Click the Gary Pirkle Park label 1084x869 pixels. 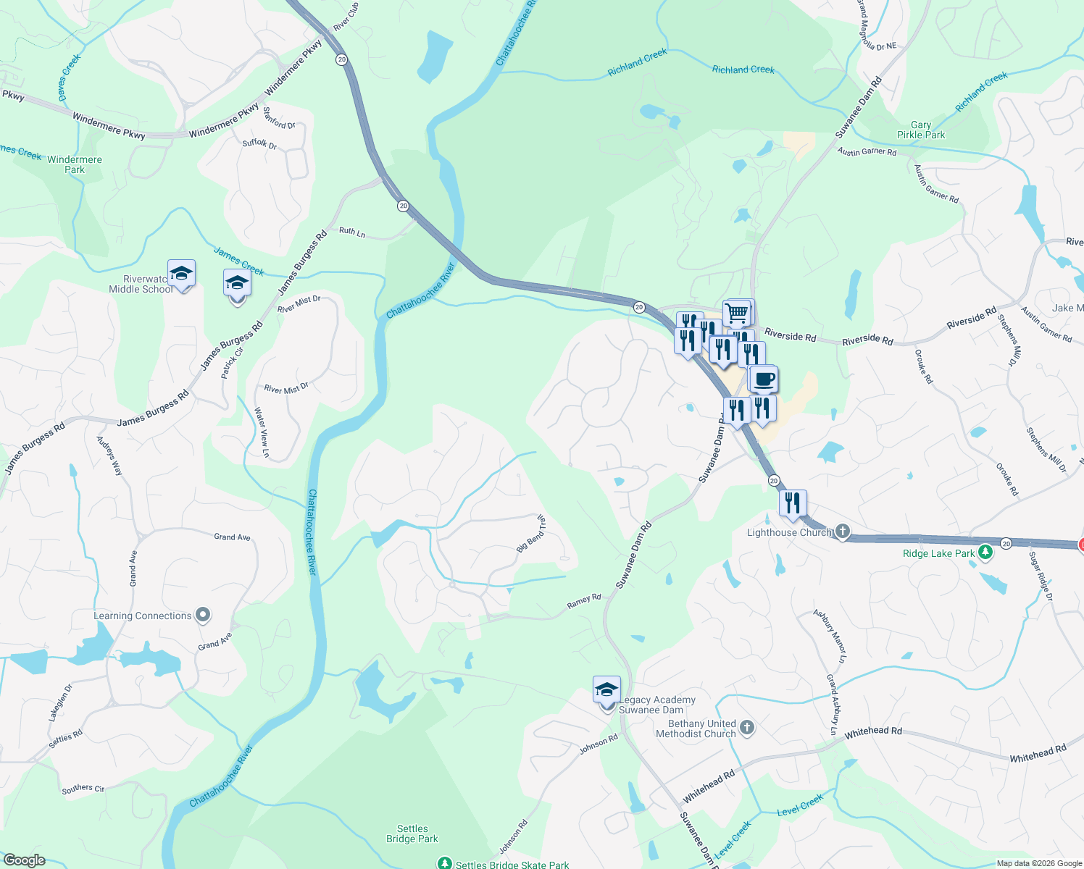(921, 130)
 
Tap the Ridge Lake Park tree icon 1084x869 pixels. (985, 553)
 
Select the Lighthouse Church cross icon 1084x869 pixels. (842, 532)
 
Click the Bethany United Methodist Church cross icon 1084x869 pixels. (748, 728)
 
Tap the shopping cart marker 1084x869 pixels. (737, 314)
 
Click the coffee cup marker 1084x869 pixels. (763, 379)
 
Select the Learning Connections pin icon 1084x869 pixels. (204, 616)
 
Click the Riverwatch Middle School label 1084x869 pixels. (141, 284)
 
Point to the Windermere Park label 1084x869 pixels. (75, 164)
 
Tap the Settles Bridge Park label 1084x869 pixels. (412, 834)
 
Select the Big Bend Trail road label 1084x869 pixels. (531, 534)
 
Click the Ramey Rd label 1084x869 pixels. (584, 600)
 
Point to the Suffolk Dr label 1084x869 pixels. (259, 143)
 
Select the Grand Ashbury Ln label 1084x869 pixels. (833, 705)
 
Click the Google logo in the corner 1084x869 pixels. (24, 860)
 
